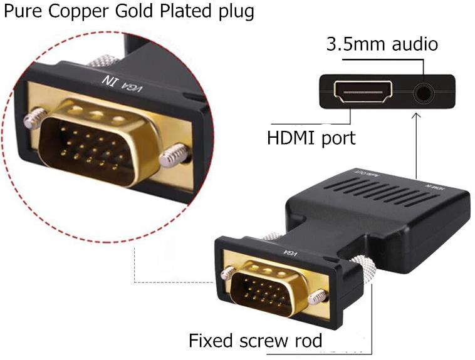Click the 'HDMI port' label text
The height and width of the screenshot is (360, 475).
point(311,137)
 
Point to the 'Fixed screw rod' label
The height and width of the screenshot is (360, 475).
point(256,341)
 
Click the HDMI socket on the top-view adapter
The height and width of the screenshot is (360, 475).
point(363,92)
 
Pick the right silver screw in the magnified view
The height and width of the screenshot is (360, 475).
point(174,155)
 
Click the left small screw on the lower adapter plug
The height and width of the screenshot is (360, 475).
point(229,272)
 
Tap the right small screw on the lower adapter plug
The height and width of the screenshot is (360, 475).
point(320,296)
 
